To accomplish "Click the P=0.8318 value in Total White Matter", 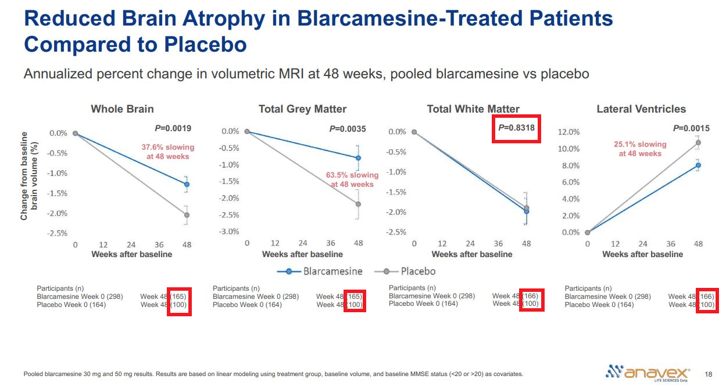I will (516, 128).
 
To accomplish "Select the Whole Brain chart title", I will (122, 109).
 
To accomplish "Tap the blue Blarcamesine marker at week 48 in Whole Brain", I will (187, 184).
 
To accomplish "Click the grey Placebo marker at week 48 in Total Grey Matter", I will (358, 204).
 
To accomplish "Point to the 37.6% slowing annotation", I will (168, 151).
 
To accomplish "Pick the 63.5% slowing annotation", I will (352, 179).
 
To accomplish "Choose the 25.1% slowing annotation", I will (640, 149).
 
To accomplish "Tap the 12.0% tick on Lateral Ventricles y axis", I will (568, 132).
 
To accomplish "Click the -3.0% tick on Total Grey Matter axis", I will (228, 232).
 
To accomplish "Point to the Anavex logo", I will (648, 372).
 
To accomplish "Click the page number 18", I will (708, 374).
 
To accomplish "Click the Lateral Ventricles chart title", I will (641, 109).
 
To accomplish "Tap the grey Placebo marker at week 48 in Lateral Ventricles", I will (698, 143).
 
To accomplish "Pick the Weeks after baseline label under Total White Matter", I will (472, 254).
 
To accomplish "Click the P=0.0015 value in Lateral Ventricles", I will (692, 128).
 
